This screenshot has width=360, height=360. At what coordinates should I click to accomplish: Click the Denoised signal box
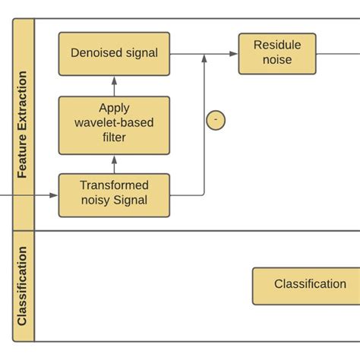pyautogui.click(x=114, y=53)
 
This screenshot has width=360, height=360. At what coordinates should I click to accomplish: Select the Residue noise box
pyautogui.click(x=277, y=53)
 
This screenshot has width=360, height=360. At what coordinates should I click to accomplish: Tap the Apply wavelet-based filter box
pyautogui.click(x=114, y=123)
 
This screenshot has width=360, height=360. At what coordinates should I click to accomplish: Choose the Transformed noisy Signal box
pyautogui.click(x=114, y=195)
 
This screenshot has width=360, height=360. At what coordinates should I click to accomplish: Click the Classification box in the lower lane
pyautogui.click(x=308, y=285)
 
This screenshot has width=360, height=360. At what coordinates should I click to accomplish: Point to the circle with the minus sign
pyautogui.click(x=216, y=119)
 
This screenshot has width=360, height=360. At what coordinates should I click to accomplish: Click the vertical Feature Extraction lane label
pyautogui.click(x=24, y=125)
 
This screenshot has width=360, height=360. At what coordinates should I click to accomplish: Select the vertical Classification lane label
pyautogui.click(x=24, y=286)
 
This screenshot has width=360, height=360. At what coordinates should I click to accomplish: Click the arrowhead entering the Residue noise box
pyautogui.click(x=234, y=54)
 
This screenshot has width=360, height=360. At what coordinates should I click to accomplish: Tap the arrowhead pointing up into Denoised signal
pyautogui.click(x=114, y=80)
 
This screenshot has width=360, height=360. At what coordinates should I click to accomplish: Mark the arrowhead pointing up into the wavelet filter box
pyautogui.click(x=114, y=159)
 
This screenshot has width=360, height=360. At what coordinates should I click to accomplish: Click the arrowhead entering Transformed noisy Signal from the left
pyautogui.click(x=54, y=195)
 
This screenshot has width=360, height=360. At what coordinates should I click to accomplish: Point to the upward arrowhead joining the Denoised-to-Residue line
pyautogui.click(x=204, y=58)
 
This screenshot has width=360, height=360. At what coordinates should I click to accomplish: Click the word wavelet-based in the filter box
pyautogui.click(x=114, y=123)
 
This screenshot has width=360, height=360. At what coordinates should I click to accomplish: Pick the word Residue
pyautogui.click(x=277, y=46)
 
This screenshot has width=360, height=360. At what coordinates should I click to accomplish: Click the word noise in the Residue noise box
pyautogui.click(x=277, y=61)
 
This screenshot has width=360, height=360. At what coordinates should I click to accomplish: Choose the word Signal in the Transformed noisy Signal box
pyautogui.click(x=131, y=201)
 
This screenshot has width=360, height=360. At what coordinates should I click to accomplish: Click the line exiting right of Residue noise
pyautogui.click(x=338, y=53)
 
